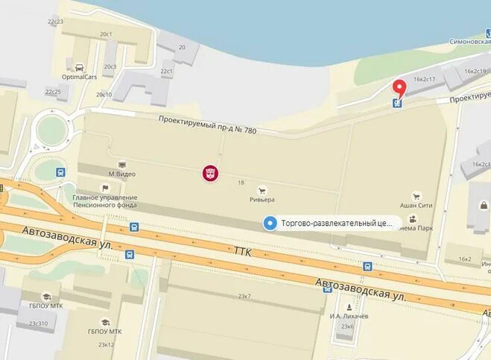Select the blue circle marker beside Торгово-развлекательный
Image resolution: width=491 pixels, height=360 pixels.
(270, 222)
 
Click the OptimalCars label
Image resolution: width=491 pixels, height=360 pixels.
(81, 75)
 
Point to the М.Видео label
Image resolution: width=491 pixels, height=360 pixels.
(122, 174)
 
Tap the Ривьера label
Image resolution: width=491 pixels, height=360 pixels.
(262, 200)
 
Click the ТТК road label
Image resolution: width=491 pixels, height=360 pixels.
(243, 254)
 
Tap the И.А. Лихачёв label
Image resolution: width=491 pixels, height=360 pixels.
(346, 315)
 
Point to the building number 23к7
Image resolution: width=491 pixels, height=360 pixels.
(244, 296)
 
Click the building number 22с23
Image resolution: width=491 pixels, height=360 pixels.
(55, 22)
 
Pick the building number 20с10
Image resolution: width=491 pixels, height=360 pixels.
(104, 95)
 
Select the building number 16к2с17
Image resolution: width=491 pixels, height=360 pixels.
(425, 78)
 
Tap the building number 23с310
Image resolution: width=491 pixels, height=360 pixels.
(38, 324)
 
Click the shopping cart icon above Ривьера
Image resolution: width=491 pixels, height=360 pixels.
(262, 189)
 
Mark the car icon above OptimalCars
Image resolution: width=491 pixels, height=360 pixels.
(80, 65)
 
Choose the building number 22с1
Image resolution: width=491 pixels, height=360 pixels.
(166, 72)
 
